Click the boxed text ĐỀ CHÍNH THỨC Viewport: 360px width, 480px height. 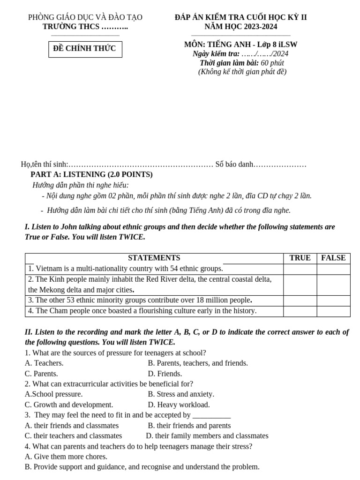85,49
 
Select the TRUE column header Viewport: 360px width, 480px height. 300,258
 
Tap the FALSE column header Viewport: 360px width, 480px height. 333,258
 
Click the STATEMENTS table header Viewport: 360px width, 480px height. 154,258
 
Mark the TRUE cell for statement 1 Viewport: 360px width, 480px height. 300,269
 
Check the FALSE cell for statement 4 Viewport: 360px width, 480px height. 333,311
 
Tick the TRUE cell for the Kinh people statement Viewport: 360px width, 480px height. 300,285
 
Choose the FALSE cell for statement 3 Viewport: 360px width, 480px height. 333,300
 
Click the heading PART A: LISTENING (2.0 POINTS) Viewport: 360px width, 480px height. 91,174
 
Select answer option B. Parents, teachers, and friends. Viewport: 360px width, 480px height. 198,363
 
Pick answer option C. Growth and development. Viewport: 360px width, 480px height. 69,405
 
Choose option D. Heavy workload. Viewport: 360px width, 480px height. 179,405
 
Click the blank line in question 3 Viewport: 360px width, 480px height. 211,415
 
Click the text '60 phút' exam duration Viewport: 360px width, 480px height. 272,63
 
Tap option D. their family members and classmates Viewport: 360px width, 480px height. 207,435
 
